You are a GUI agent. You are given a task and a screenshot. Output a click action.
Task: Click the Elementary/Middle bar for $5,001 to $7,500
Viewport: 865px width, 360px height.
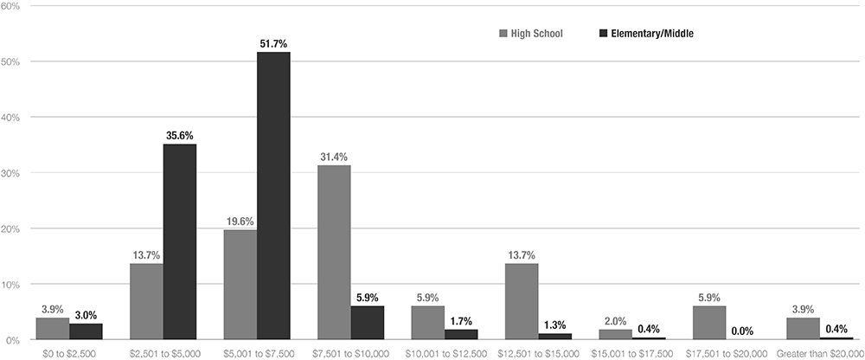(x=273, y=196)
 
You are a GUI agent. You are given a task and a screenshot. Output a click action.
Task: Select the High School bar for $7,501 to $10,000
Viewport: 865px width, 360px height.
(x=334, y=252)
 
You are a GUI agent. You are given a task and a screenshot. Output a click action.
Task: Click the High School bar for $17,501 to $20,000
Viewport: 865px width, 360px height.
(x=709, y=323)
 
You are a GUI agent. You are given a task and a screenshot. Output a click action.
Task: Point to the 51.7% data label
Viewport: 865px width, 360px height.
(x=273, y=42)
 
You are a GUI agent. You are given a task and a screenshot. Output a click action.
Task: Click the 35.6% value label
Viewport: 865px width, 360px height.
(x=180, y=133)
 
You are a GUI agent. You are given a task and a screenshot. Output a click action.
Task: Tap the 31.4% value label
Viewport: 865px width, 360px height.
(x=334, y=156)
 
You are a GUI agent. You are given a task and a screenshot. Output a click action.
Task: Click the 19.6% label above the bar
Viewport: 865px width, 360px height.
(x=240, y=220)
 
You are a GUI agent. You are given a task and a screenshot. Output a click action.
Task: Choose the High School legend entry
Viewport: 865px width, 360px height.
(x=531, y=34)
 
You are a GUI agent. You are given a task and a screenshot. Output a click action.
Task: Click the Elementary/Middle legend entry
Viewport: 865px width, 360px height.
(x=646, y=34)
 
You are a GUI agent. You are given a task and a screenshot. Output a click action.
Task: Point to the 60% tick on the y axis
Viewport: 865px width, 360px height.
(x=14, y=6)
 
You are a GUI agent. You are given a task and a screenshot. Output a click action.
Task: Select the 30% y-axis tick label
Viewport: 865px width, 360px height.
(x=14, y=173)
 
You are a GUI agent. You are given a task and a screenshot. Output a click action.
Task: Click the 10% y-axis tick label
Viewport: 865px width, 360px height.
(x=14, y=285)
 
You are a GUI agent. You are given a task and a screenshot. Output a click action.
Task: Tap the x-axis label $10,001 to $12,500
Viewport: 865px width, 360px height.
(x=445, y=353)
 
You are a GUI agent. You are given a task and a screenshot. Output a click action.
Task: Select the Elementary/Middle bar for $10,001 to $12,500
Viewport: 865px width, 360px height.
(x=461, y=334)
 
